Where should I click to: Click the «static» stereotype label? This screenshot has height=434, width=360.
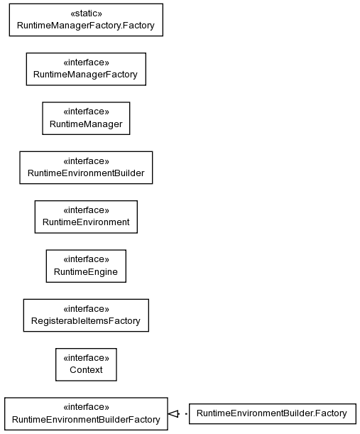pos(86,13)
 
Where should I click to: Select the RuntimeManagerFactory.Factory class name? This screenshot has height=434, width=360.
pos(86,26)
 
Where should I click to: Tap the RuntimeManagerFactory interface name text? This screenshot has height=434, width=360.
pos(85,75)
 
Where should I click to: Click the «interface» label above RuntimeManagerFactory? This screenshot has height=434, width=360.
pos(86,63)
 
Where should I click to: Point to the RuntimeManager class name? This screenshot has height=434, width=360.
pos(86,124)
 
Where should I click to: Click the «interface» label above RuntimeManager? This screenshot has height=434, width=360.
pos(86,112)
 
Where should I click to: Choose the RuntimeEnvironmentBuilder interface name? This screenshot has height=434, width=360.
pos(86,173)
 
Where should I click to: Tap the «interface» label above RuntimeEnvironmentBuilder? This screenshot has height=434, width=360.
pos(86,161)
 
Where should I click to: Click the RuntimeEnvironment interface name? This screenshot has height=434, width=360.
pos(86,222)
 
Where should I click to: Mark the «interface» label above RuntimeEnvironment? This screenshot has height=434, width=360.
pos(86,210)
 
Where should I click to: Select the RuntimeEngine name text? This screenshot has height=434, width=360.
pos(86,272)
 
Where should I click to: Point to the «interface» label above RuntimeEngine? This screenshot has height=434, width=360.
pos(86,259)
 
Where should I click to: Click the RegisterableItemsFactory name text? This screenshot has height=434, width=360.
pos(86,321)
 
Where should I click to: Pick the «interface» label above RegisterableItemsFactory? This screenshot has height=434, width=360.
pos(86,308)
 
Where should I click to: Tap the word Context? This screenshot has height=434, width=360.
pos(86,370)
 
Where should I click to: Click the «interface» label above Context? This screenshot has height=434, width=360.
pos(86,358)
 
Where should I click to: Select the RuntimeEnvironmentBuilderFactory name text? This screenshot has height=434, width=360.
pos(86,420)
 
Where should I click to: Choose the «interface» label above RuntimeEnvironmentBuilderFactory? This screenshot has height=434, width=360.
pos(86,407)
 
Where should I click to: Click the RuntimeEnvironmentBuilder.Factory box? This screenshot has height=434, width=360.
pos(273,414)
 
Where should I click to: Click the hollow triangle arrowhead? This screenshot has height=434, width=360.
pos(173,414)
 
